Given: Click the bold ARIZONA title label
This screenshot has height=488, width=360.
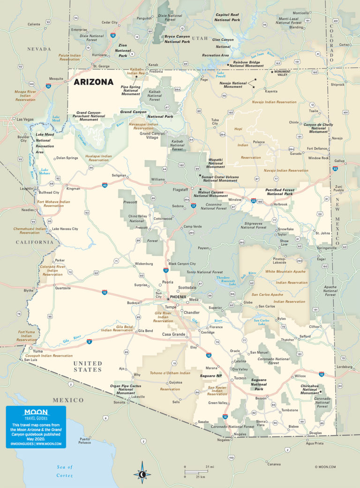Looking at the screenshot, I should [x=94, y=82].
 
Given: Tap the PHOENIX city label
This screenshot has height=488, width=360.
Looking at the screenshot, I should [x=178, y=297].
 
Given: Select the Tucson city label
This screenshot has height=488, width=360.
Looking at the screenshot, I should [x=240, y=378].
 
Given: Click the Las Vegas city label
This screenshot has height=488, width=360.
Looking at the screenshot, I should [x=25, y=120].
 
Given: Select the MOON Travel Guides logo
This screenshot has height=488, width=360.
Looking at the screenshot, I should [x=36, y=415].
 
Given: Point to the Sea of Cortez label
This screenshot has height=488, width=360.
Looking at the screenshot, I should [x=65, y=471].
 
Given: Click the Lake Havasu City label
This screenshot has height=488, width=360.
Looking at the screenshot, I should [x=65, y=229].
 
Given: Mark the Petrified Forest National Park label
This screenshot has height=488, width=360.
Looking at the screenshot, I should [x=279, y=191].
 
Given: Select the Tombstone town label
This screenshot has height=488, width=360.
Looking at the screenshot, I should [x=289, y=410].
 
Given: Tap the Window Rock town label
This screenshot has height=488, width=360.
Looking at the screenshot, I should [x=318, y=158].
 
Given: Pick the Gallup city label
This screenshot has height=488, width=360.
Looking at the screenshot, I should [x=339, y=160].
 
